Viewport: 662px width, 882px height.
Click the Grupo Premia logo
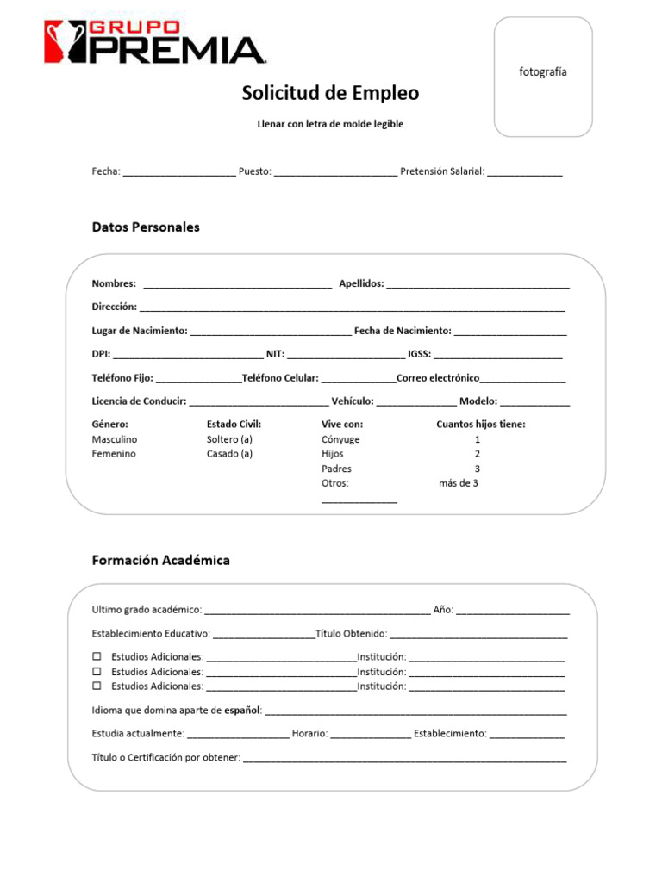(154, 42)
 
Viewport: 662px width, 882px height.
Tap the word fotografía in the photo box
(543, 72)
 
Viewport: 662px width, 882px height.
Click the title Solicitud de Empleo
(330, 93)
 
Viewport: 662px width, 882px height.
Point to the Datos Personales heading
(146, 227)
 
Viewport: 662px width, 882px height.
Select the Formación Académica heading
(160, 561)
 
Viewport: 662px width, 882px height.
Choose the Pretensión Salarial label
(442, 171)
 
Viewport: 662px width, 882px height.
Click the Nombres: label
(114, 283)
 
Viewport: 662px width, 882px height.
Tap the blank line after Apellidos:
(478, 285)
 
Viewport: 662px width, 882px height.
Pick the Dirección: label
(115, 307)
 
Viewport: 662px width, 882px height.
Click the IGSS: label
(420, 354)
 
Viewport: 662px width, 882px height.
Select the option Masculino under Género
(115, 439)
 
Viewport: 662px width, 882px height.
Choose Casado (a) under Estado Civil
(229, 454)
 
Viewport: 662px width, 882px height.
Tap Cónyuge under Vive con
(340, 439)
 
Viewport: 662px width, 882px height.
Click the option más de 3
(459, 483)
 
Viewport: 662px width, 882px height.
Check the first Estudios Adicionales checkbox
(97, 657)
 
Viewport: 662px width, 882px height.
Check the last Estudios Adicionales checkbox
(97, 686)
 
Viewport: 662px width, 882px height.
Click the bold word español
(241, 711)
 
